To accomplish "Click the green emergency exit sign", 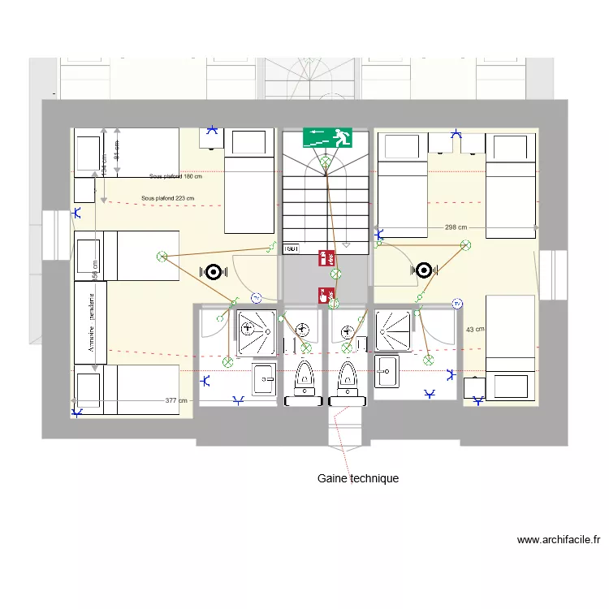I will click(x=327, y=137).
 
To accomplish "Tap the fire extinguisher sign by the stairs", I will click(x=326, y=258).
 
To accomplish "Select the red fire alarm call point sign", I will click(x=326, y=296).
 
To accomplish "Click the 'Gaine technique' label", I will click(x=357, y=478).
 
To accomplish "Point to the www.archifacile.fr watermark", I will click(x=558, y=539).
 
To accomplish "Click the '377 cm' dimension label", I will click(x=175, y=400).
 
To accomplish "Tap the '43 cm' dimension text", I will click(x=474, y=329).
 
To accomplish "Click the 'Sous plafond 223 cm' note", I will click(x=167, y=197).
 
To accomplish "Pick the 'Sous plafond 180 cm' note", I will click(x=175, y=176).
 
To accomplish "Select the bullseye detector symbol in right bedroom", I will click(x=423, y=270).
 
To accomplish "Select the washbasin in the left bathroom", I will click(x=264, y=376).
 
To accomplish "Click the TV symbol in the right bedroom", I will click(x=458, y=304).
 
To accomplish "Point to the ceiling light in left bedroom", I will click(x=162, y=257).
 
